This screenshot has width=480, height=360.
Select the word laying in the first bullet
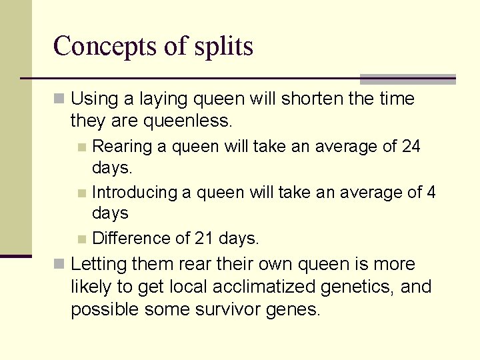tap(159, 99)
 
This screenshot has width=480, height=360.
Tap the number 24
tap(411, 146)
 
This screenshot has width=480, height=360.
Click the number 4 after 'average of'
tap(431, 193)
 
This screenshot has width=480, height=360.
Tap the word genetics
tap(360, 287)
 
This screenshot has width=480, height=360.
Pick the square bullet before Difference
tap(81, 239)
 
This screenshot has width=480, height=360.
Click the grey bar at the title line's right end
tap(407, 79)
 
